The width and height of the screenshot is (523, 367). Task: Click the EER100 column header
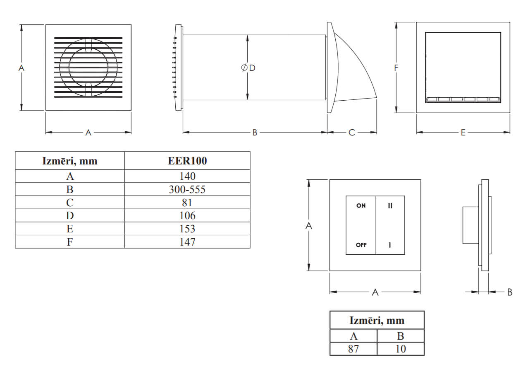[187, 161]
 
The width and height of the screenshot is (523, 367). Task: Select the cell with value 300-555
[187, 189]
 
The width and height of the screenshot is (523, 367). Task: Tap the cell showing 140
[187, 176]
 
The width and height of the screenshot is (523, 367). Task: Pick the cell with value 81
[187, 203]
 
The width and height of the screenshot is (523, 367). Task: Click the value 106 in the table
[187, 215]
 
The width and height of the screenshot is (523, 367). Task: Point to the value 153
[187, 229]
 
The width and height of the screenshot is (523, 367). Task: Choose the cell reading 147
[187, 242]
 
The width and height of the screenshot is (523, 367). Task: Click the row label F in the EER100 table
[70, 242]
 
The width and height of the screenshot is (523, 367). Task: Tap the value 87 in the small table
[353, 349]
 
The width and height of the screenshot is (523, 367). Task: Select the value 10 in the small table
[401, 349]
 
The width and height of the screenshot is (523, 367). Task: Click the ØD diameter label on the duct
[248, 68]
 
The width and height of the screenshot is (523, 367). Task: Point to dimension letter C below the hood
[351, 133]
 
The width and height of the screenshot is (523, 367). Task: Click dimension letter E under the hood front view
[463, 133]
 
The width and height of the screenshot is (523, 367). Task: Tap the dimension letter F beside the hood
[396, 68]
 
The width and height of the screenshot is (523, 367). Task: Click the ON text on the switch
[361, 205]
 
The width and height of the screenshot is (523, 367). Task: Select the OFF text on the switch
[361, 245]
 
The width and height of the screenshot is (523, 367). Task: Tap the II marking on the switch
[390, 206]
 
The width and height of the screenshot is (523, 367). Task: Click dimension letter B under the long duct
[255, 133]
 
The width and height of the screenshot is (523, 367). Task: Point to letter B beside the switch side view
[510, 292]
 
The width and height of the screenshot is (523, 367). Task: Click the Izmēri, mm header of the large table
[70, 161]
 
